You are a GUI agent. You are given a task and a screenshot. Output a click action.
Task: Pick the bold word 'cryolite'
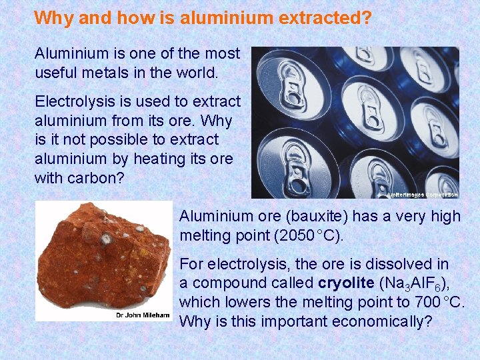tap(346, 283)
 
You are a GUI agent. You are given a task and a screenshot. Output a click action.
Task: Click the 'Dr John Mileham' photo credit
tap(143, 315)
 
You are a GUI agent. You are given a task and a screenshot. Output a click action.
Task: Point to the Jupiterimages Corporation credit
tap(422, 195)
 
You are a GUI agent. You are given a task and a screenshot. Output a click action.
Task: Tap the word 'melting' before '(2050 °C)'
tap(205, 235)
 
